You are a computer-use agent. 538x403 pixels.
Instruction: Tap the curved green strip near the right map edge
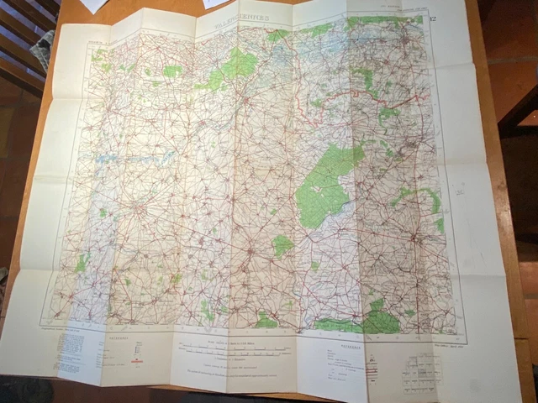tap(420, 197)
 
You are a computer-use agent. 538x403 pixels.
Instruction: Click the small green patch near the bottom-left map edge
tap(82, 263)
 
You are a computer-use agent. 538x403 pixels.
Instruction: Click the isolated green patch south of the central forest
tap(282, 245)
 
